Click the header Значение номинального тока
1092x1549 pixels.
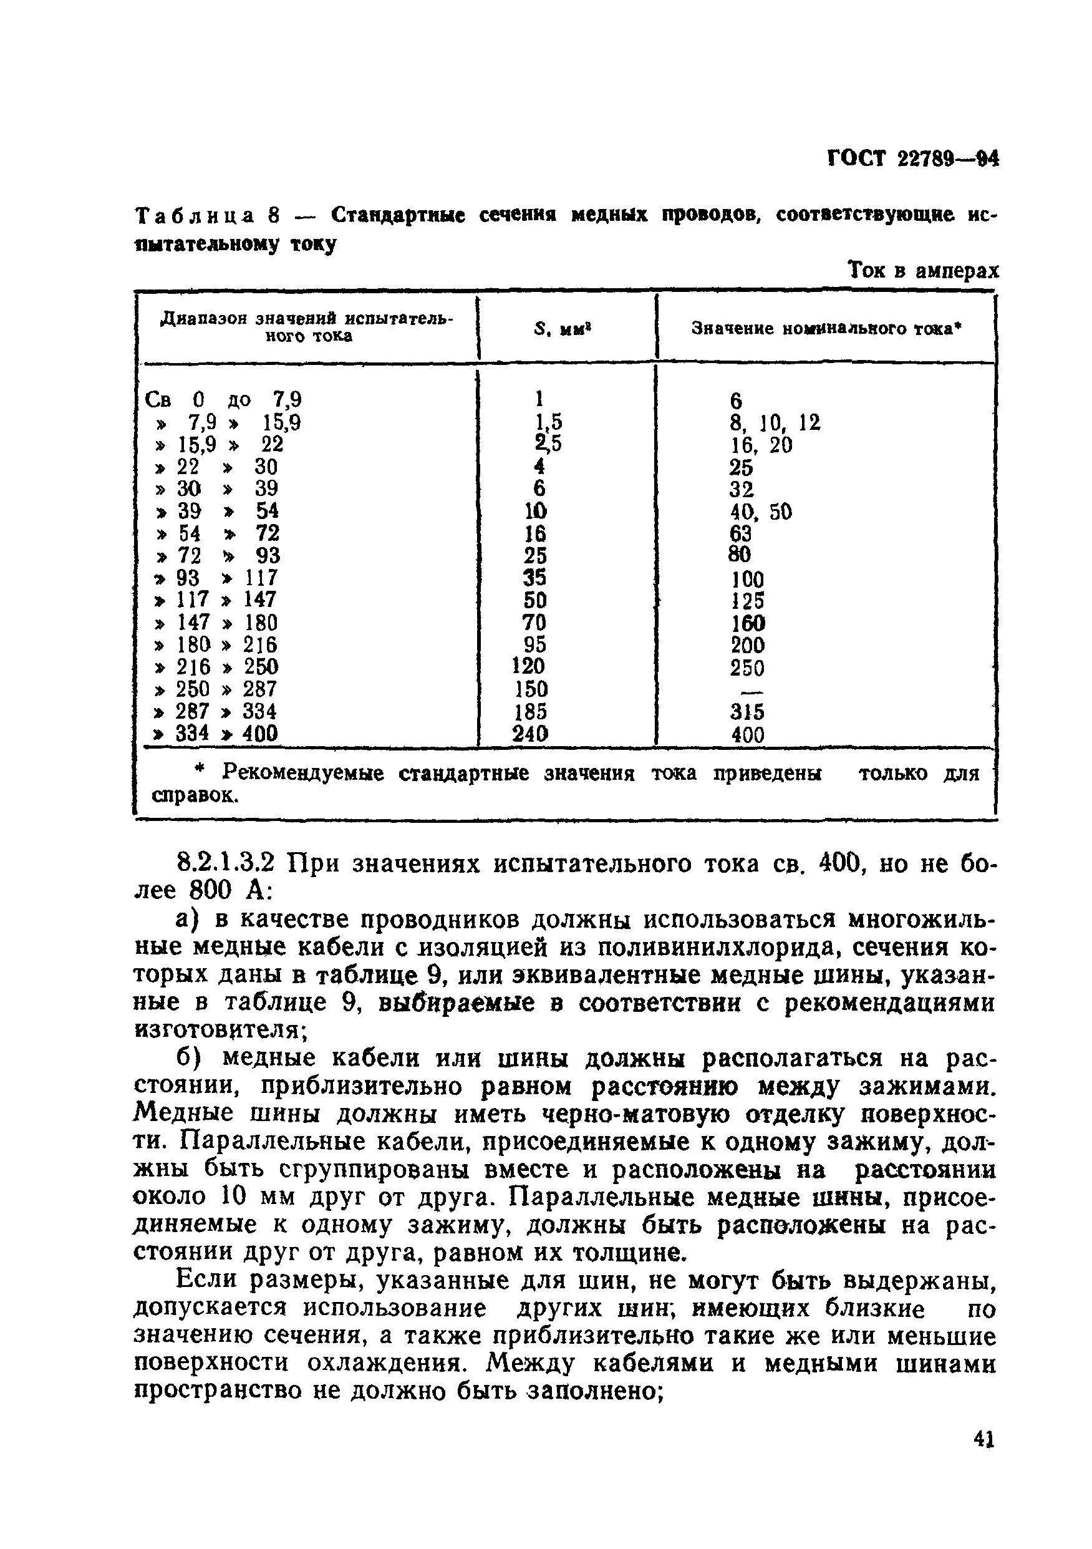tap(826, 329)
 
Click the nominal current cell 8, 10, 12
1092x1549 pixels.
tap(775, 423)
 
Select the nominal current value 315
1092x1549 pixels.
tap(747, 712)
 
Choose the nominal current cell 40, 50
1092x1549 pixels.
tap(760, 512)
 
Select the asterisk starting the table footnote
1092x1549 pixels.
tap(199, 770)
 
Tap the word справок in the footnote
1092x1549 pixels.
tap(193, 796)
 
